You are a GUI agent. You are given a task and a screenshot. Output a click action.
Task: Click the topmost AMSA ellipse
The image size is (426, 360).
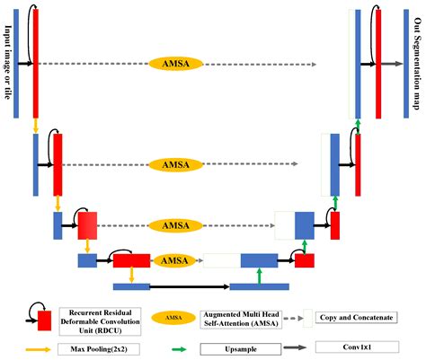[169, 64]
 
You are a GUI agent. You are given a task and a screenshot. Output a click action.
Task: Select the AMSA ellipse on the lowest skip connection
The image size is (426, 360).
[169, 260]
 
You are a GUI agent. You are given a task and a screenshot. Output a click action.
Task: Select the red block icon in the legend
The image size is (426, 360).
[44, 320]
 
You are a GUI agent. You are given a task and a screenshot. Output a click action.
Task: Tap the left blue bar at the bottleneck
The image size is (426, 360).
[131, 286]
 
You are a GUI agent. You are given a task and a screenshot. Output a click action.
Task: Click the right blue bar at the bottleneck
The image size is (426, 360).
[259, 286]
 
